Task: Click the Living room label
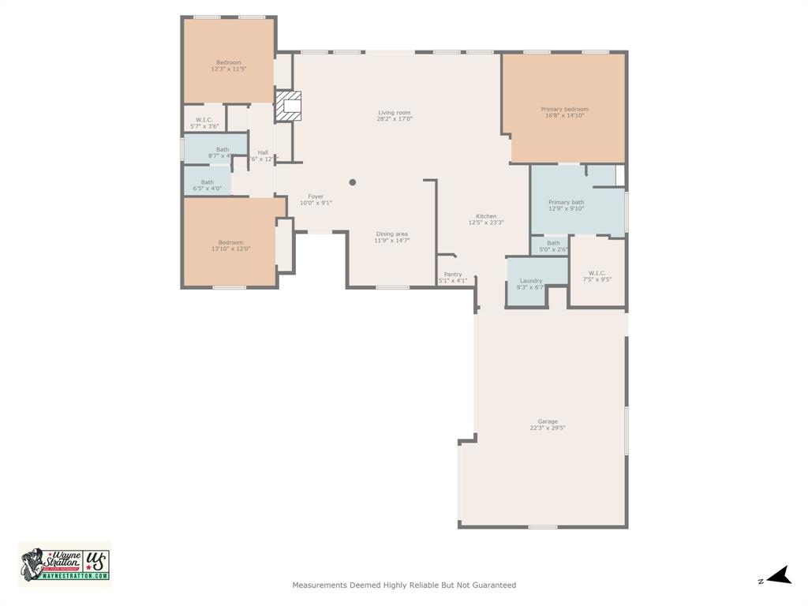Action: tap(394, 113)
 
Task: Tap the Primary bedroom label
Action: tap(564, 109)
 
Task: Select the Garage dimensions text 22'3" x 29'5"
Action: tap(548, 428)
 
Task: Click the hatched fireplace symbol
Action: tap(289, 106)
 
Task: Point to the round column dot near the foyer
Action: tap(353, 182)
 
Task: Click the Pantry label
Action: tap(453, 275)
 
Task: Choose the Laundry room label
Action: tap(531, 281)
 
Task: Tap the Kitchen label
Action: tap(486, 216)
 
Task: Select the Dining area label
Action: tap(391, 234)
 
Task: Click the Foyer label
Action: tap(316, 196)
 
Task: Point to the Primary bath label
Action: tap(566, 203)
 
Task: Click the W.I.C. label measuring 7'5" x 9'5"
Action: tap(597, 273)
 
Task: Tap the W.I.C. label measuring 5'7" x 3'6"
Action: tap(204, 120)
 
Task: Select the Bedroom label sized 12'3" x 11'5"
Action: tap(229, 62)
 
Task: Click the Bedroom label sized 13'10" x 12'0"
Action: tap(230, 242)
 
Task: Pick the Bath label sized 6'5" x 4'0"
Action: tap(207, 182)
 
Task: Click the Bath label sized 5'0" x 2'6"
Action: tap(553, 243)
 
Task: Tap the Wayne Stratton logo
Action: tap(65, 564)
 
